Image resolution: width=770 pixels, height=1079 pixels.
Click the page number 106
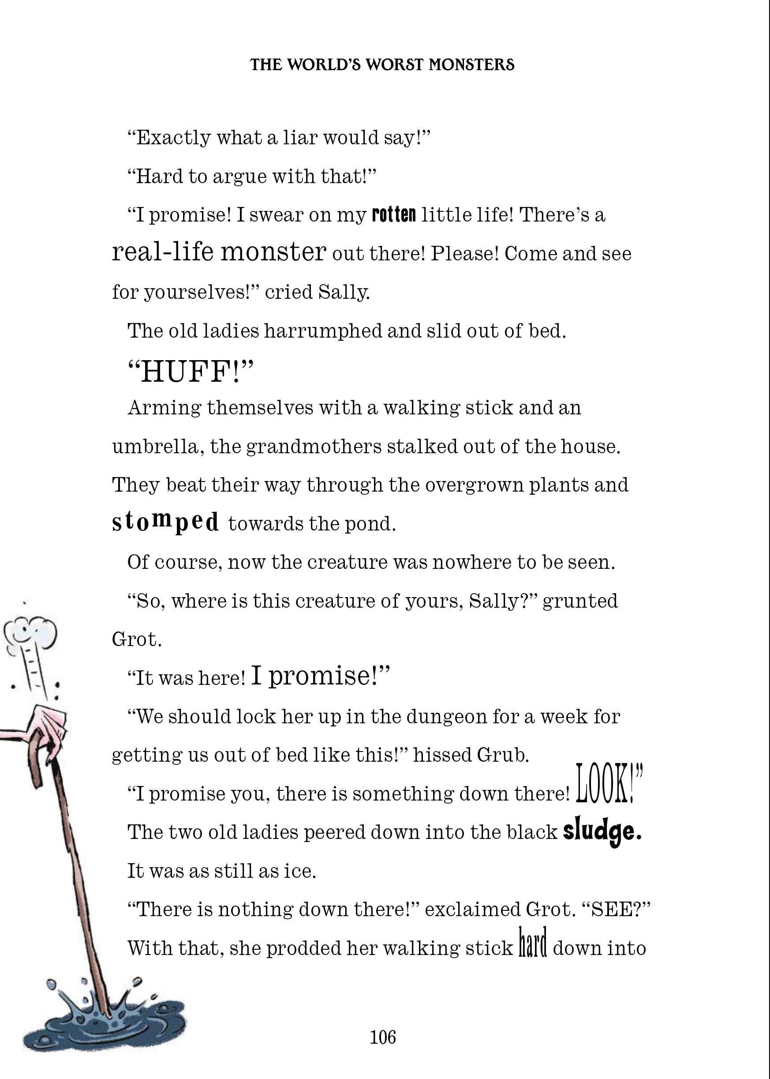pos(383,1037)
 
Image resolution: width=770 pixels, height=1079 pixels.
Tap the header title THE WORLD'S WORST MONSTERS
pos(382,65)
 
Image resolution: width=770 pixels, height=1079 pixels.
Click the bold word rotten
pos(394,215)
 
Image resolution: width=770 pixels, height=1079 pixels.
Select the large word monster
pos(273,252)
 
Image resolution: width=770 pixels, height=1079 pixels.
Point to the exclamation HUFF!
pos(191,371)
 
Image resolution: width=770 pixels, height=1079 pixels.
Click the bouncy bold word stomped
pos(165,522)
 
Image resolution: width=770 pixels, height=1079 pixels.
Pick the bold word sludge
pos(602,831)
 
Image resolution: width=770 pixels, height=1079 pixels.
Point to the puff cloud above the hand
pos(30,633)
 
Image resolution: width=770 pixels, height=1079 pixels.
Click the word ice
pos(299,871)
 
